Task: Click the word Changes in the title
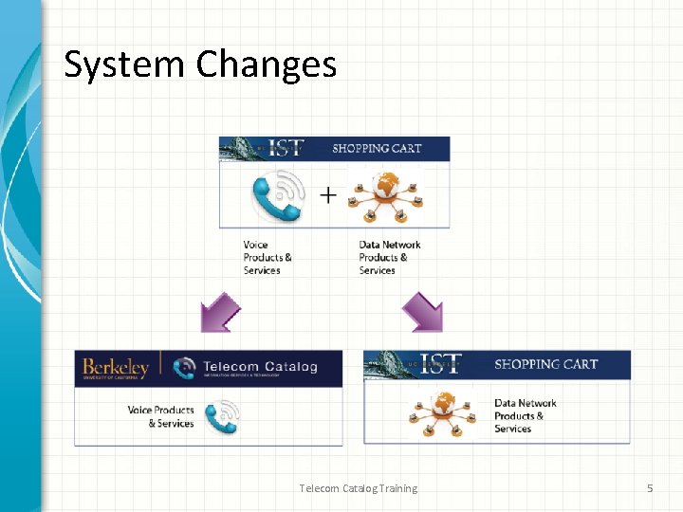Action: click(x=267, y=64)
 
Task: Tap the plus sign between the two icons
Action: click(x=327, y=195)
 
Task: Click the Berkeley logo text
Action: click(x=116, y=367)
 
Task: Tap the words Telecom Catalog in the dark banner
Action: click(x=261, y=366)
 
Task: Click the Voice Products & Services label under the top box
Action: click(x=268, y=257)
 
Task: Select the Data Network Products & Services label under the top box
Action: click(x=389, y=257)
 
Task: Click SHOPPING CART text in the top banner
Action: click(x=377, y=148)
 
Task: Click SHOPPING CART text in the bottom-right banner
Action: click(x=545, y=364)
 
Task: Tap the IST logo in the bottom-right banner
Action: click(x=440, y=365)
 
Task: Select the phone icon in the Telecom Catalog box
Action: click(x=221, y=416)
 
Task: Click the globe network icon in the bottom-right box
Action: click(x=440, y=413)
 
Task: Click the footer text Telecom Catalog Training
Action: click(x=358, y=488)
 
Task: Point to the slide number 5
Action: click(x=650, y=488)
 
